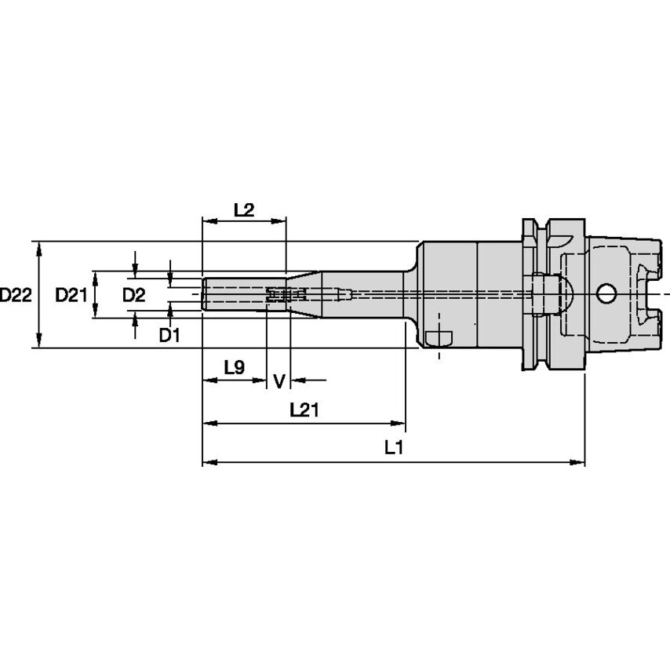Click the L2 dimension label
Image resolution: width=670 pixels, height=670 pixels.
pyautogui.click(x=244, y=209)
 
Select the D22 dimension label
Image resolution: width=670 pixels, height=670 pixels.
pyautogui.click(x=16, y=295)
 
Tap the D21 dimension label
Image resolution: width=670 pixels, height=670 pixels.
pyautogui.click(x=71, y=295)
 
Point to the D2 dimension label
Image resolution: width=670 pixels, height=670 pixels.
pyautogui.click(x=134, y=295)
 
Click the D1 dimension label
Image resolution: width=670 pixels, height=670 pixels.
pyautogui.click(x=170, y=336)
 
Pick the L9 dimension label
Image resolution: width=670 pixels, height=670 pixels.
pyautogui.click(x=235, y=366)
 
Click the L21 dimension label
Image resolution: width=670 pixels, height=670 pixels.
pyautogui.click(x=304, y=410)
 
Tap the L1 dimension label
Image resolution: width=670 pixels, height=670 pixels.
pyautogui.click(x=393, y=448)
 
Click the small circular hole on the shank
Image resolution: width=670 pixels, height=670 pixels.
pyautogui.click(x=606, y=293)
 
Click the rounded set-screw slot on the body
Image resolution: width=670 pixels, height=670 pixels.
pyautogui.click(x=439, y=338)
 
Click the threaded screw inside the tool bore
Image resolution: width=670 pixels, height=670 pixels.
pyautogui.click(x=286, y=295)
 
